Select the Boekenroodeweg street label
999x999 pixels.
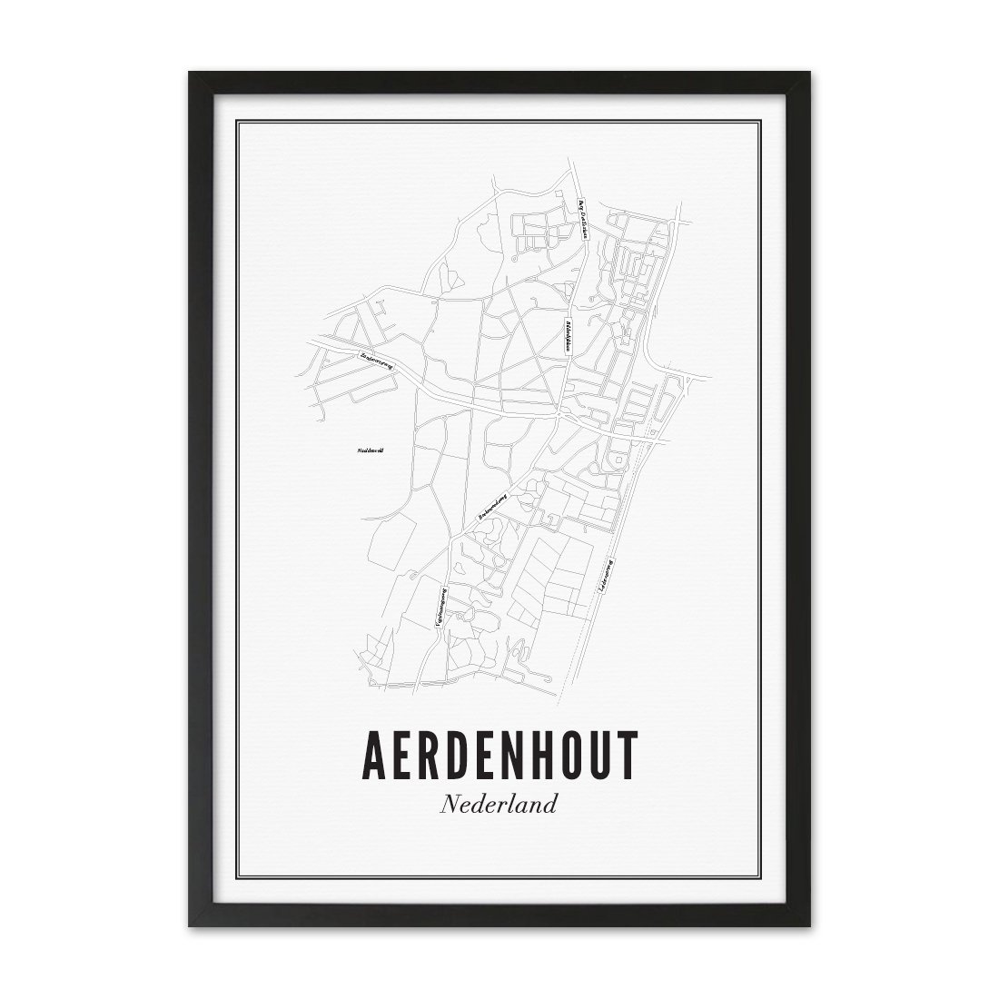pyautogui.click(x=494, y=506)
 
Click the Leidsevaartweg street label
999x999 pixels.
pyautogui.click(x=606, y=576)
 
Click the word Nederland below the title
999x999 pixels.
pyautogui.click(x=499, y=805)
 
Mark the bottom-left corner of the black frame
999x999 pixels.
pyautogui.click(x=190, y=927)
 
